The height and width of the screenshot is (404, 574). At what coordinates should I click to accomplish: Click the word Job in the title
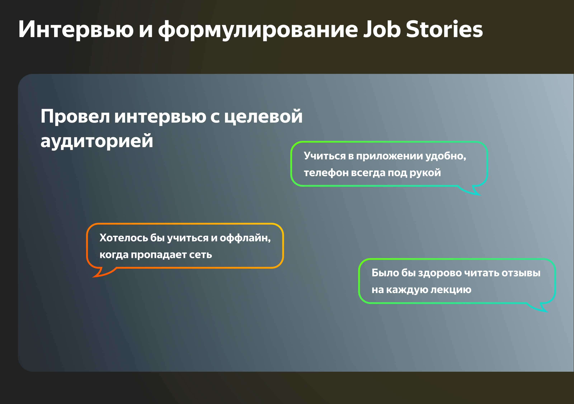click(382, 29)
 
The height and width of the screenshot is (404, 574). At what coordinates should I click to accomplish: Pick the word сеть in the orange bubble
click(201, 255)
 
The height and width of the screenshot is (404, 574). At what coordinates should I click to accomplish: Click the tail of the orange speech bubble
click(102, 272)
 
